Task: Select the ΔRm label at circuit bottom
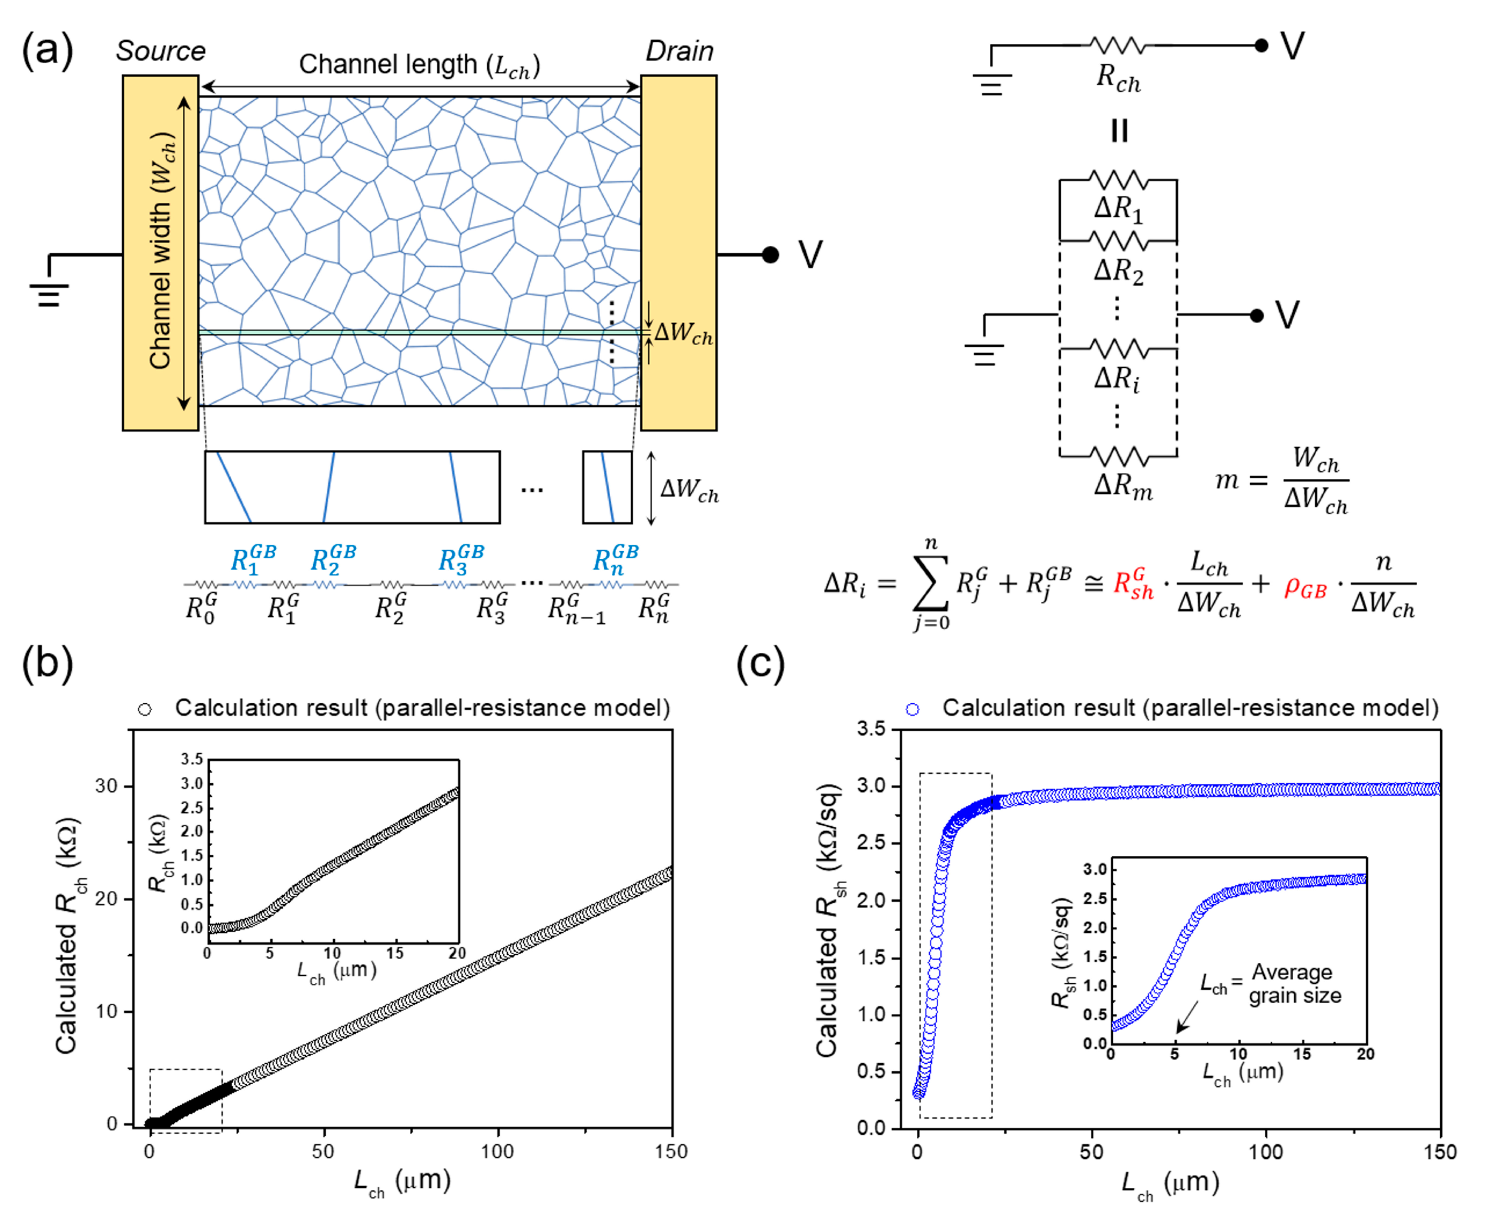[x=1122, y=484]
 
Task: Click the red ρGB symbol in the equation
[x=1305, y=588]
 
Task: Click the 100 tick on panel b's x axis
[x=497, y=1151]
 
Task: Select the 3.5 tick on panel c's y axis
[x=871, y=729]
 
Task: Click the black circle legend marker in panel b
[x=144, y=709]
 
